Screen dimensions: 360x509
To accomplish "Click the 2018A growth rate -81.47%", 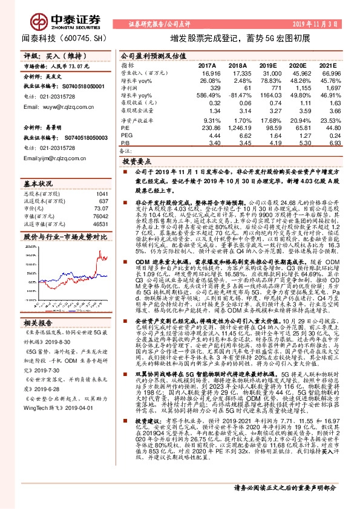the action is (238, 95).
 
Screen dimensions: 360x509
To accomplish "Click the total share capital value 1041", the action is (102, 193).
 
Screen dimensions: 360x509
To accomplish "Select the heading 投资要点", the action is (137, 163).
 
